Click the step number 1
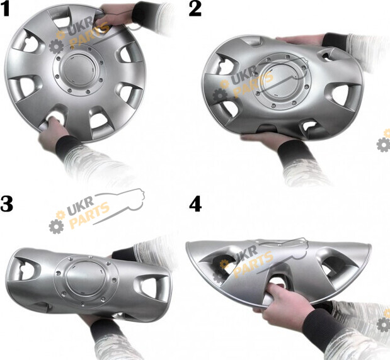coord(5,10)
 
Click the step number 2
coord(195,9)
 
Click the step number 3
coord(6,204)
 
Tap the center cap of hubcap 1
coord(79,69)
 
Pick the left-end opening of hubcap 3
coord(25,269)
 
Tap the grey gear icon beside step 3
coord(56,226)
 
